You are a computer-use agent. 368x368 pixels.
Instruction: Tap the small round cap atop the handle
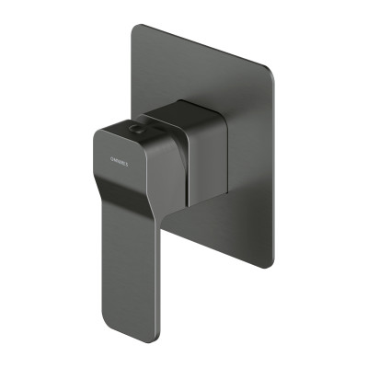[x=139, y=132]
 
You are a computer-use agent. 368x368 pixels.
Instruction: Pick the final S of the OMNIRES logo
[x=129, y=164]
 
